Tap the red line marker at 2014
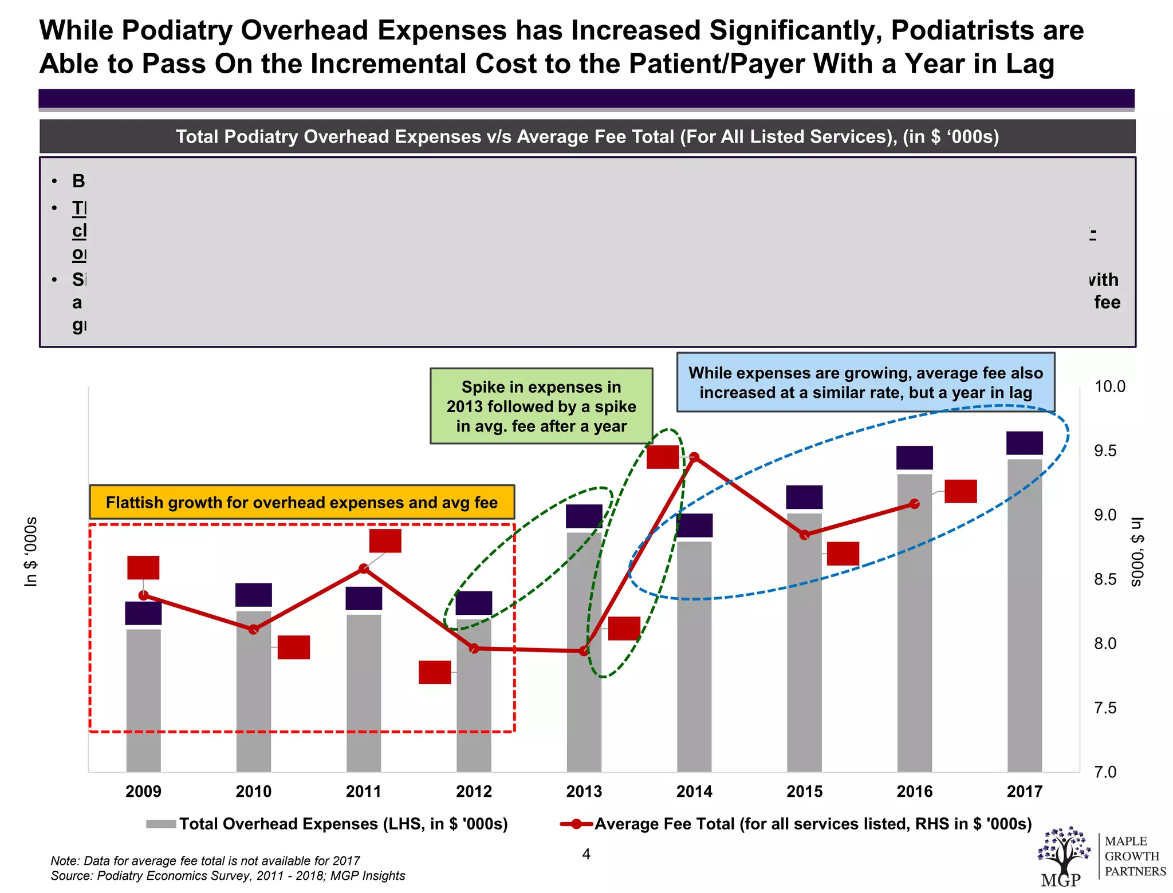694,457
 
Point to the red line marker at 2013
584,651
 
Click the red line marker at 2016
915,504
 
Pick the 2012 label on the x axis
474,792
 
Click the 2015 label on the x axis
804,792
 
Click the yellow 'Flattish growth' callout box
302,502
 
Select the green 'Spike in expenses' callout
541,406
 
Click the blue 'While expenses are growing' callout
865,382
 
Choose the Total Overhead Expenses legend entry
327,824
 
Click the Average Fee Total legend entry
796,824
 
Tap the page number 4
586,854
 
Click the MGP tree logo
1063,853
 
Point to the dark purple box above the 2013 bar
584,516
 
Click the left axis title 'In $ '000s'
31,552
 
